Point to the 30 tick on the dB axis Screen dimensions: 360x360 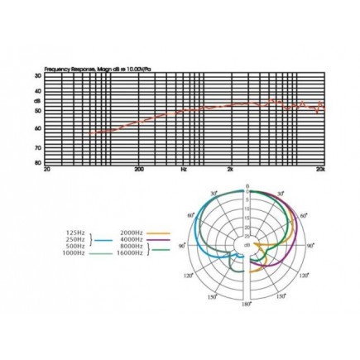(38, 76)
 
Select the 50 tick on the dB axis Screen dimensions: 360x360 (38, 110)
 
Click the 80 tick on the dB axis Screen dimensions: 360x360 (38, 162)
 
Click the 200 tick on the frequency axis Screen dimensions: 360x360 (139, 169)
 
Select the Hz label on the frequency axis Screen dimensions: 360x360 (184, 169)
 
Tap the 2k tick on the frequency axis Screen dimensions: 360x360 (229, 169)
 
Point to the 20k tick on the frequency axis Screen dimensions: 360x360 (319, 169)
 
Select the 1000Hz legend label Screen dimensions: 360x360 (74, 253)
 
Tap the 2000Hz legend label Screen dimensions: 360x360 (132, 233)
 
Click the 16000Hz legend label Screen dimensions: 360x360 (132, 253)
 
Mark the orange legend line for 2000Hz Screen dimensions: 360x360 (158, 233)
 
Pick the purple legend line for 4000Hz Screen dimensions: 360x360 (158, 240)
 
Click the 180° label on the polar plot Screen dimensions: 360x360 (246, 305)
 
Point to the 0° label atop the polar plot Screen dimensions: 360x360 (247, 186)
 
